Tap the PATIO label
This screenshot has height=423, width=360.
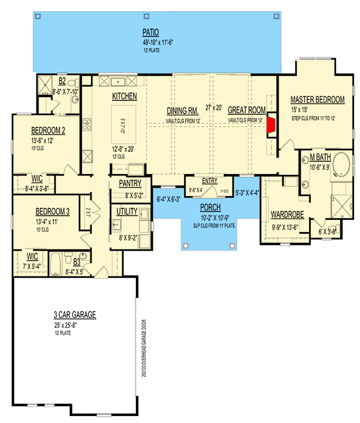[x=151, y=31]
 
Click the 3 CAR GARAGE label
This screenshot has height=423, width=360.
[x=74, y=315]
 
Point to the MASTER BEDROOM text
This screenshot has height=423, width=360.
[x=317, y=99]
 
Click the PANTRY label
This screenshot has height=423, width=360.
[x=130, y=183]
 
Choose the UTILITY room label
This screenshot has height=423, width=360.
[x=127, y=212]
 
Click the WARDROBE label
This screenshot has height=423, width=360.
[x=287, y=215]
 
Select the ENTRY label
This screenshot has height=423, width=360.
[x=209, y=180]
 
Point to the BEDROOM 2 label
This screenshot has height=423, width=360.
[x=48, y=131]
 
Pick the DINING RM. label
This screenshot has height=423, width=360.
[x=182, y=111]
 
